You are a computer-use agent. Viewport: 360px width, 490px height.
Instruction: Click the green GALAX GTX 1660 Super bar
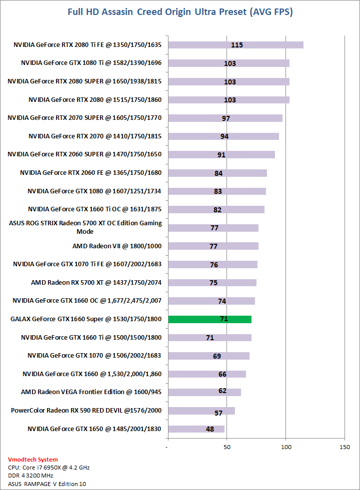pyautogui.click(x=210, y=319)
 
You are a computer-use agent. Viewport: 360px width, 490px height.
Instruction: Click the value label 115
pyautogui.click(x=237, y=45)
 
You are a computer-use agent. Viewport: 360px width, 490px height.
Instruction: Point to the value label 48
pyautogui.click(x=210, y=429)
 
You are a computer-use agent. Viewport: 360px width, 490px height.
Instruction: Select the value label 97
pyautogui.click(x=225, y=118)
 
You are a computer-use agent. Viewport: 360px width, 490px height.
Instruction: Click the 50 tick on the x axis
pyautogui.click(x=227, y=446)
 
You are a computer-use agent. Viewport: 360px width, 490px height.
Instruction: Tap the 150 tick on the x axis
pyautogui.click(x=344, y=446)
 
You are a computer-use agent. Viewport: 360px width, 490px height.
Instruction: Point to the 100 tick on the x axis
pyautogui.click(x=286, y=446)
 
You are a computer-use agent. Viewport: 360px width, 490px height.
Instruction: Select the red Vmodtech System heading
pyautogui.click(x=33, y=459)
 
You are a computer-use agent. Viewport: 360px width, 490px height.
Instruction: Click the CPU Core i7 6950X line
pyautogui.click(x=48, y=468)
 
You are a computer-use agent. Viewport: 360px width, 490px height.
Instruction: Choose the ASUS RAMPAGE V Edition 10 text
pyautogui.click(x=43, y=484)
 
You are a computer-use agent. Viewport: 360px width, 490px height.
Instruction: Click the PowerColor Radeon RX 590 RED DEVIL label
pyautogui.click(x=86, y=411)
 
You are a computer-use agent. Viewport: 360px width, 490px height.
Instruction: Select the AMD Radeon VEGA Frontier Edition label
pyautogui.click(x=91, y=392)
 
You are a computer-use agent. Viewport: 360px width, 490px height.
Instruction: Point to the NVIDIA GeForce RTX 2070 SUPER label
pyautogui.click(x=84, y=118)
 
